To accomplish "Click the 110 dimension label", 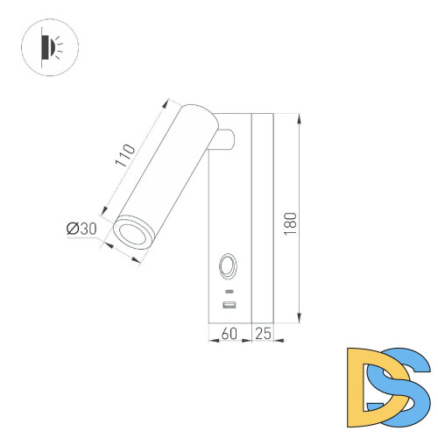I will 125,155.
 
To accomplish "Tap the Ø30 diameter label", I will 81,229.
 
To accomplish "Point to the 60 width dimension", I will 230,333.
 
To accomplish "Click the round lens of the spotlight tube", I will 133,234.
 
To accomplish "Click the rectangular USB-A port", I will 230,305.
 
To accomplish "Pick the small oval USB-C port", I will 230,290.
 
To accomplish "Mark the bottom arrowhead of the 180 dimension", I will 300,319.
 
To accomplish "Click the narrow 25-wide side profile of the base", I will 263,219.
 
